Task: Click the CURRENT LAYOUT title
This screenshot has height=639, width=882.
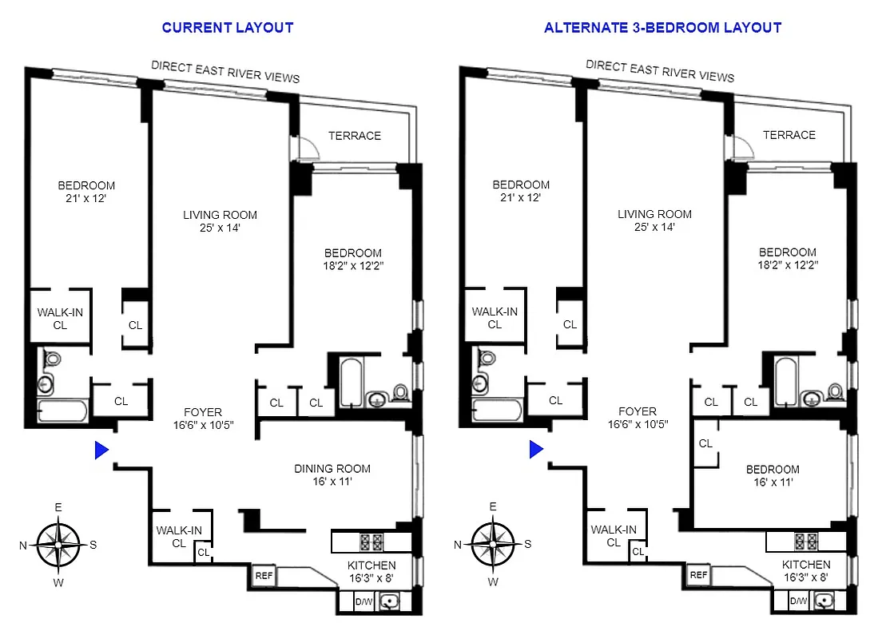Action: coord(228,28)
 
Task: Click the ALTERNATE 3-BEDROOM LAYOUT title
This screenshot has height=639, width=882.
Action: coord(662,28)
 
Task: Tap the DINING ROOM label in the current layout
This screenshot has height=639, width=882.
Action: coord(332,469)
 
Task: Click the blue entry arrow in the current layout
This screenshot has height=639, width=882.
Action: coord(101,450)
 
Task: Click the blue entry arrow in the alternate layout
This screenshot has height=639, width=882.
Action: coord(536,450)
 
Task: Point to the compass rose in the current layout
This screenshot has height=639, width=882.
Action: coord(58,544)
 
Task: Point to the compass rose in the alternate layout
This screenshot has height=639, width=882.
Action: coord(493,544)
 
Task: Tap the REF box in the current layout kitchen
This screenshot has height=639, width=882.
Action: coord(264,575)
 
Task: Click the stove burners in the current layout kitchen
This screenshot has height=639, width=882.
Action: coord(371,542)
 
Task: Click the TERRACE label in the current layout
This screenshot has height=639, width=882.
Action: coord(355,136)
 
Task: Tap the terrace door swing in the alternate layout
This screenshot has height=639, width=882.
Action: coord(741,145)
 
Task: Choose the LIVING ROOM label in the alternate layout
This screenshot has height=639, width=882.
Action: coord(654,214)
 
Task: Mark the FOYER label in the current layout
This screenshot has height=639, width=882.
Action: coord(202,412)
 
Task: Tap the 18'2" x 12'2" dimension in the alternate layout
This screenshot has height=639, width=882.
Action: coord(788,264)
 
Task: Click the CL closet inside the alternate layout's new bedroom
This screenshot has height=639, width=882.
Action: coord(705,443)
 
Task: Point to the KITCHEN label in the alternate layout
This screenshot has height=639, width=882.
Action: coord(806,566)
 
